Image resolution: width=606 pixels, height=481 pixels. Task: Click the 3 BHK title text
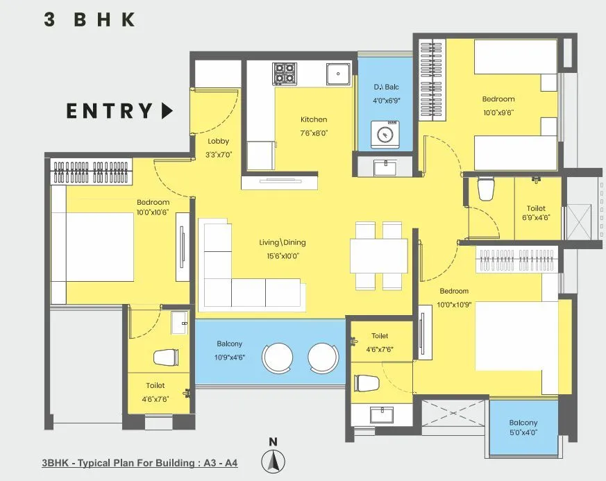tap(89, 19)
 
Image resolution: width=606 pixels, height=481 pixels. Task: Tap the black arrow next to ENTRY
tap(167, 111)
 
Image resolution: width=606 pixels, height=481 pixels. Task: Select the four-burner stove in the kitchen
tap(284, 73)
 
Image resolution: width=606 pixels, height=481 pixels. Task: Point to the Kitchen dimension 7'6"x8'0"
tap(314, 133)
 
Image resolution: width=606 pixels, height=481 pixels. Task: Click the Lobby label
tap(218, 141)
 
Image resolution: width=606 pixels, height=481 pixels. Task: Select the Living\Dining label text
tap(283, 243)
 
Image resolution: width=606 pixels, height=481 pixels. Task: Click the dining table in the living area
tap(378, 255)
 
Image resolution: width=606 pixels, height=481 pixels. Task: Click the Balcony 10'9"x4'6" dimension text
tap(229, 358)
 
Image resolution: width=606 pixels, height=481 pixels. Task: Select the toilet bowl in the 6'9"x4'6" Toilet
tap(486, 188)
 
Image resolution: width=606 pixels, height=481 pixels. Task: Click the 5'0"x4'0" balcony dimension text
tap(523, 432)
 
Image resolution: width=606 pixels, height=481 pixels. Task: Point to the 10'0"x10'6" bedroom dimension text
tap(153, 213)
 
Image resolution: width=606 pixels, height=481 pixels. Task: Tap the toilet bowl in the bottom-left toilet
tap(165, 357)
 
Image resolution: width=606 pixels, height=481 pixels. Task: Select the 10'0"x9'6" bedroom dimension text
tap(498, 112)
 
